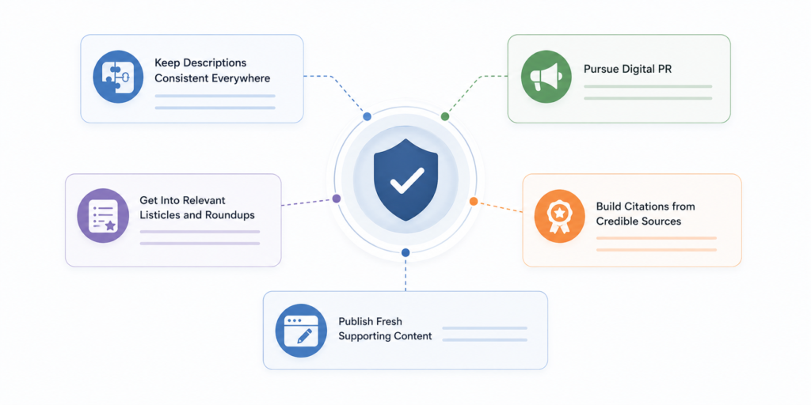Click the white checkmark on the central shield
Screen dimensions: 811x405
[x=406, y=180]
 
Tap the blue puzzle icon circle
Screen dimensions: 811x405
[x=118, y=78]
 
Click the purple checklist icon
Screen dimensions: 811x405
[x=102, y=214]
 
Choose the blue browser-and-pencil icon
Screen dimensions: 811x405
[x=302, y=330]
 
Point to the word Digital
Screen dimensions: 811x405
[x=638, y=70]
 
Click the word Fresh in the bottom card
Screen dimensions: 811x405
[x=388, y=321]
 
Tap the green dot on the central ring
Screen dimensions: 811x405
[x=445, y=117]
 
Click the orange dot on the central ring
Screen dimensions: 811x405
[x=474, y=201]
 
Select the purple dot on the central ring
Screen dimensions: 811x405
[x=337, y=199]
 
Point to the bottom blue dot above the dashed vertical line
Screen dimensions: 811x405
[x=405, y=252]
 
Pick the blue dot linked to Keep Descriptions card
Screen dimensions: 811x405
[x=367, y=117]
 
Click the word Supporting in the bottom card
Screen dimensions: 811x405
[x=361, y=335]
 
